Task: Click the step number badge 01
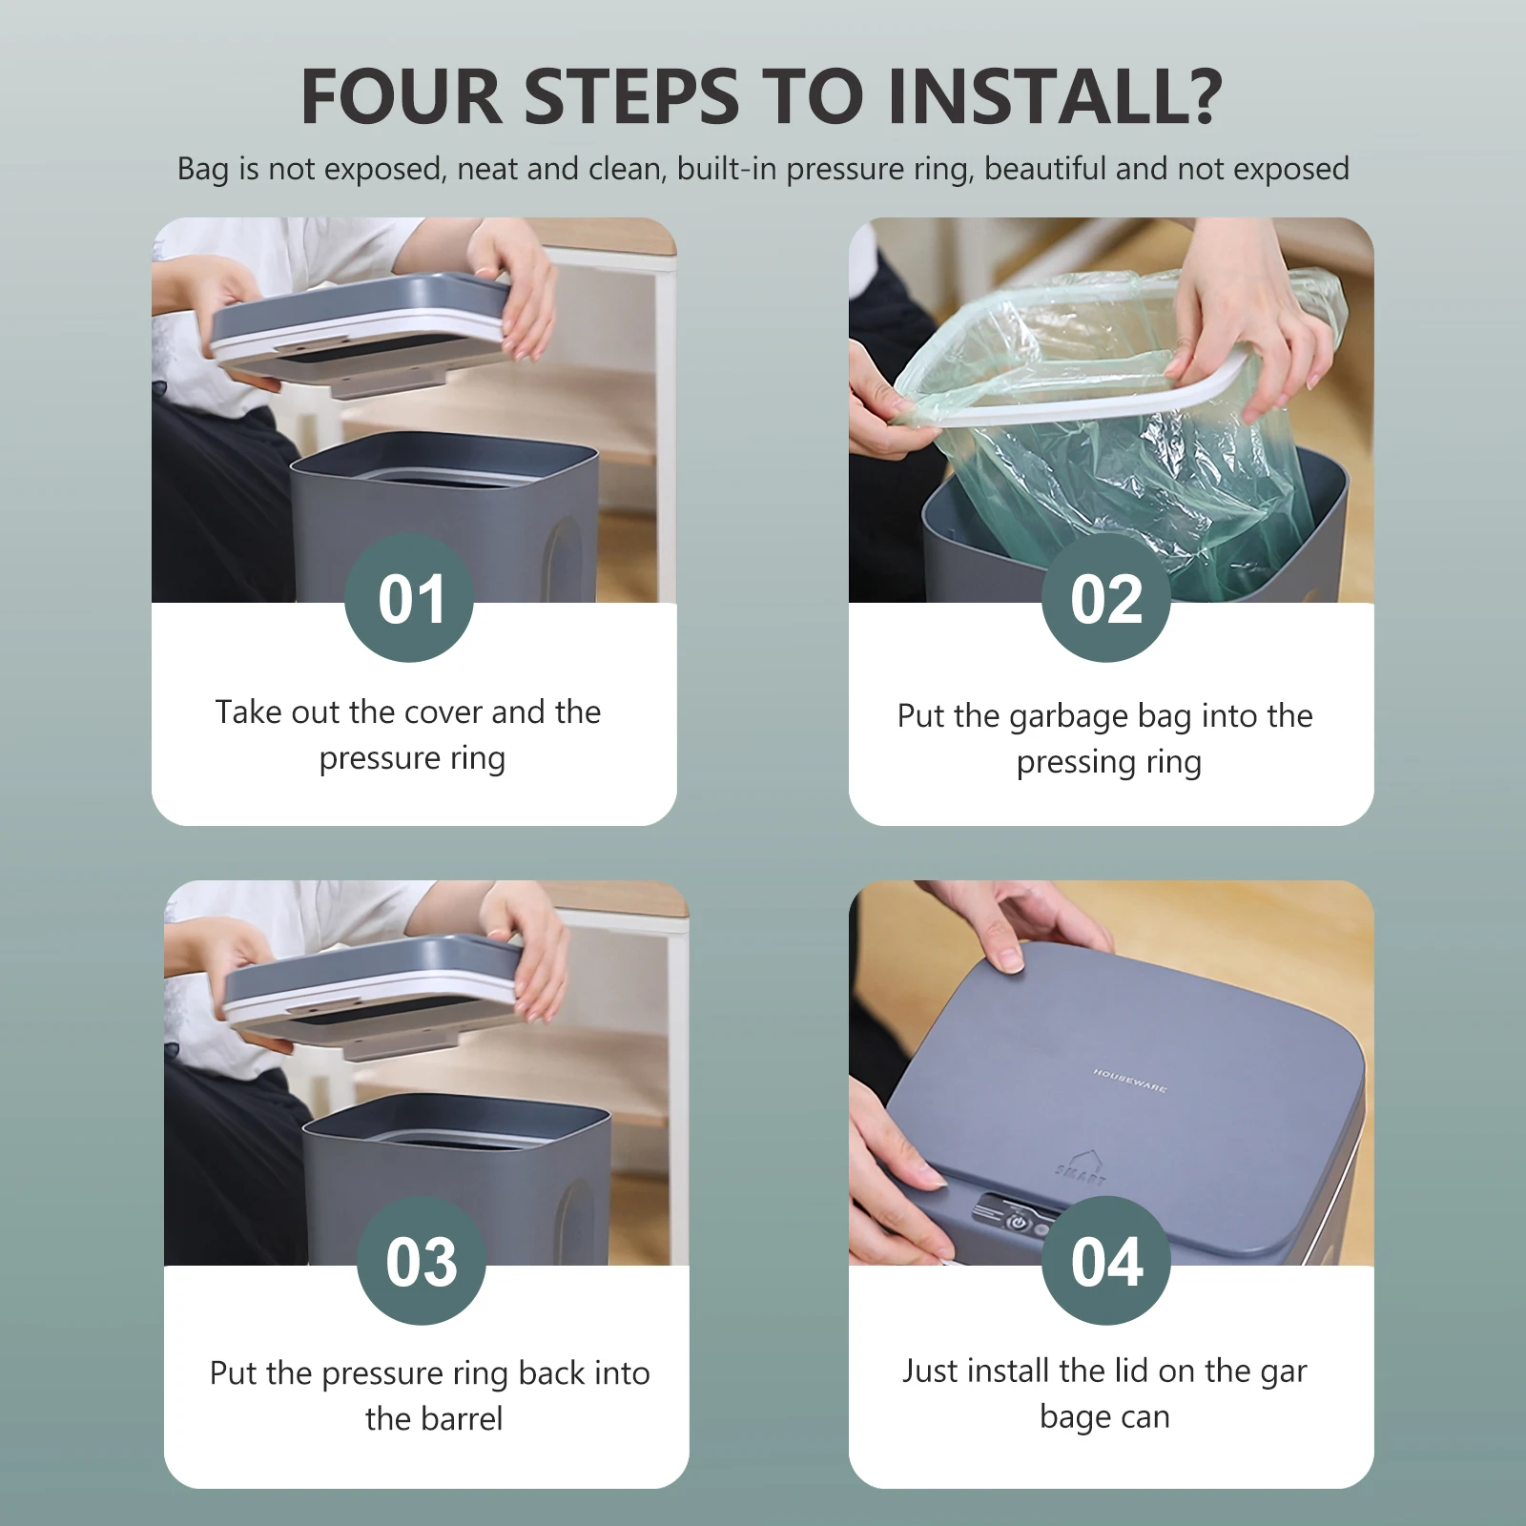tap(409, 597)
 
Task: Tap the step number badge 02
tap(1106, 597)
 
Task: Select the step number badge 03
tap(422, 1260)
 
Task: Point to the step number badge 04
tap(1106, 1260)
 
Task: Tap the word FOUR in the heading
tap(402, 96)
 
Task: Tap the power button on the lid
tap(1019, 1221)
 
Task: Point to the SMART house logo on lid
tap(1083, 1168)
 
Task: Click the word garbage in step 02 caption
tap(1074, 718)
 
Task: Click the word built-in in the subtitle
tap(729, 169)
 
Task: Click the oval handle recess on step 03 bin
tap(578, 1223)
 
